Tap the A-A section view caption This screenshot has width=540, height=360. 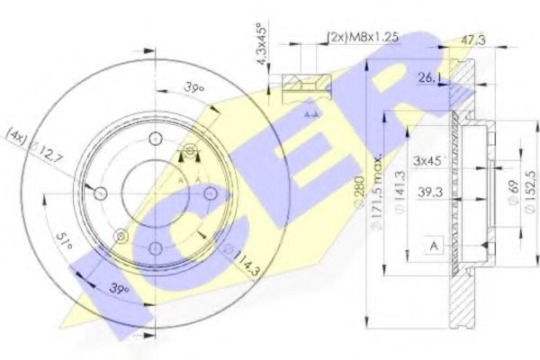(309, 115)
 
